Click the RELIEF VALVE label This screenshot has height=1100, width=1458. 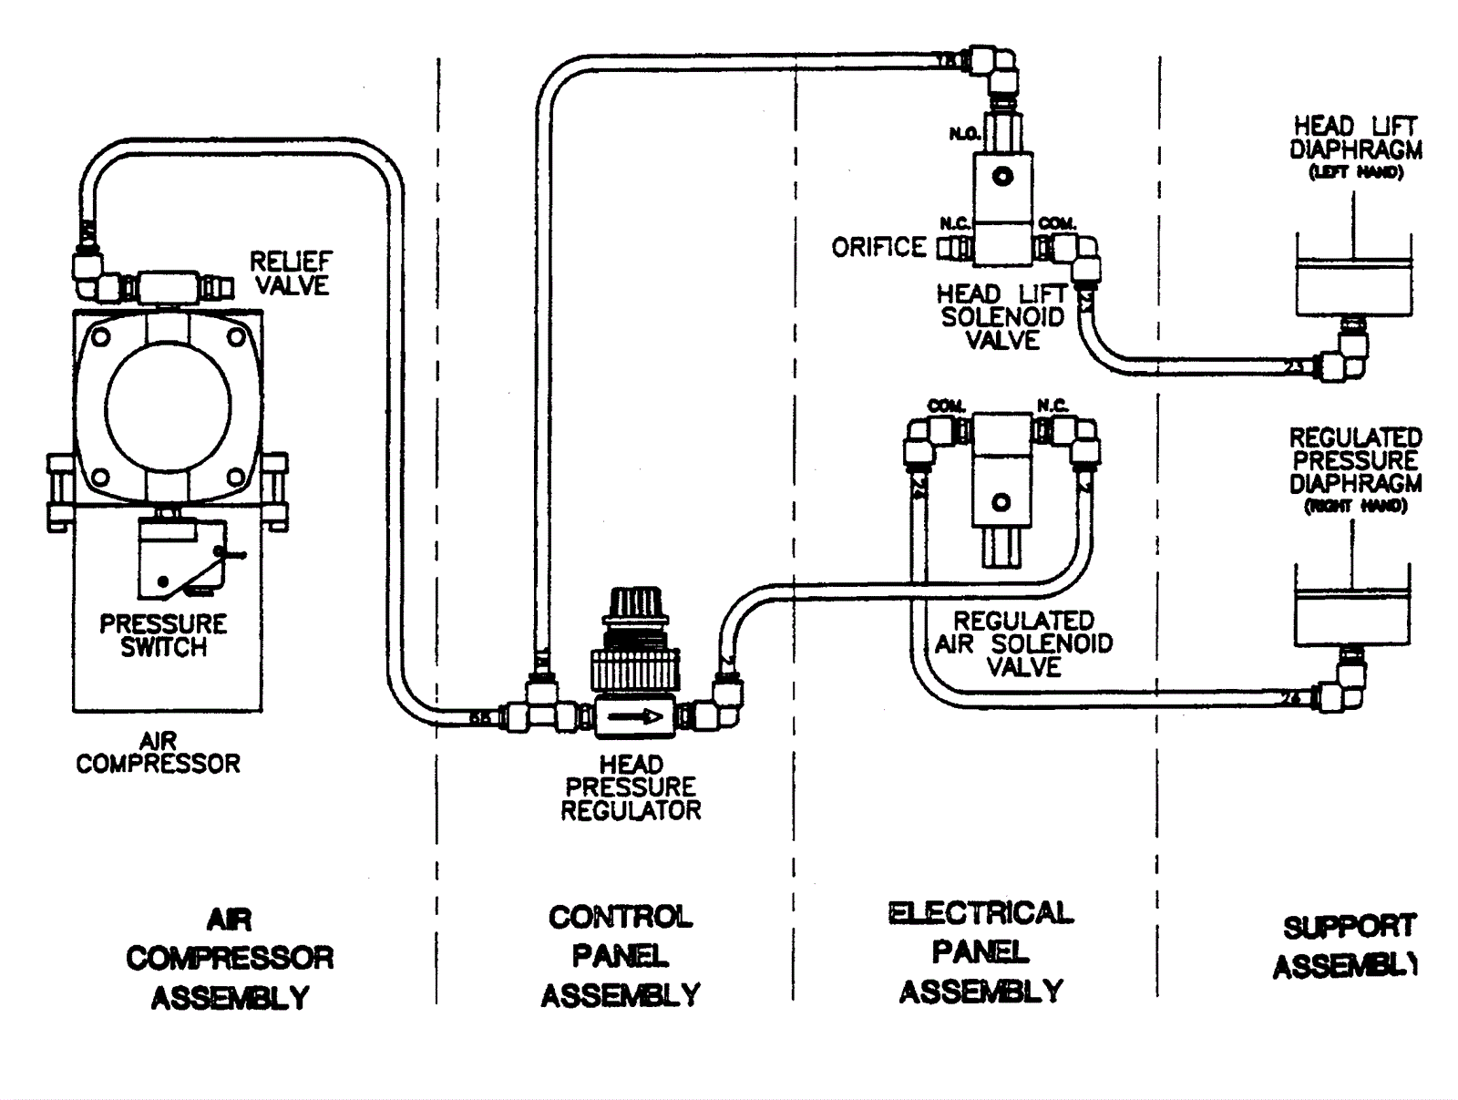coord(291,273)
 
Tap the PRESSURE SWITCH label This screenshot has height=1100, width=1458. coord(163,635)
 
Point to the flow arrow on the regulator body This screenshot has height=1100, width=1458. coord(636,716)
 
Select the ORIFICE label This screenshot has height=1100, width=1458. coord(878,247)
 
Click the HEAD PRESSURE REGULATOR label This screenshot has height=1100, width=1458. coord(631,787)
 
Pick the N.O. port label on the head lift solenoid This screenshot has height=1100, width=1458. coord(964,134)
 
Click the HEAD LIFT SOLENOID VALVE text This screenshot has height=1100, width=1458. coord(1001,317)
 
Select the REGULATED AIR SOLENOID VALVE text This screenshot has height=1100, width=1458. coord(1023,643)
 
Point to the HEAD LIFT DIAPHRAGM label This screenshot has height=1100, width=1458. coord(1355,145)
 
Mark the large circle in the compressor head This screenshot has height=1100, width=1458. coord(168,405)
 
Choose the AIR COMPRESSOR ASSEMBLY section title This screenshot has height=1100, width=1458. coord(230,958)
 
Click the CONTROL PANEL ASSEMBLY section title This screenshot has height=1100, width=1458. coord(621,955)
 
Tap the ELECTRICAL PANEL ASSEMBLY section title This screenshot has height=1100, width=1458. coord(981,952)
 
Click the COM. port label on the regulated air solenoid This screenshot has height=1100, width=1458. coord(946,406)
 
